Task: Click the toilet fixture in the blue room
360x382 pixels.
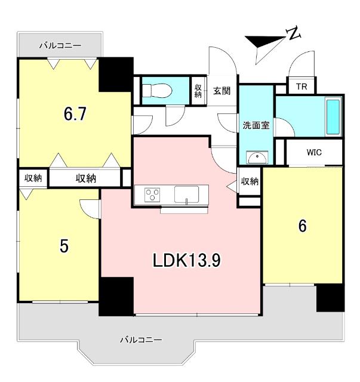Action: (x=156, y=91)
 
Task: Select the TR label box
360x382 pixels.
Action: (x=302, y=86)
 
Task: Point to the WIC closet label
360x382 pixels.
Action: (x=314, y=152)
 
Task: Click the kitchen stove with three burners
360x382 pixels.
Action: (x=152, y=195)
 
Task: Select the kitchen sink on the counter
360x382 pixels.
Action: (x=187, y=195)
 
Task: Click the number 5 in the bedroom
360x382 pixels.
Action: (x=63, y=247)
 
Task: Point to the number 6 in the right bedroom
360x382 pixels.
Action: (x=302, y=226)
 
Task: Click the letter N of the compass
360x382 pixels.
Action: (x=293, y=35)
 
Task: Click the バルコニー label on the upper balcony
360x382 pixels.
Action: (x=60, y=45)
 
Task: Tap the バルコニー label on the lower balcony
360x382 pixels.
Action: (x=141, y=340)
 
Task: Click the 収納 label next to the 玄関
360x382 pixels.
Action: (x=198, y=91)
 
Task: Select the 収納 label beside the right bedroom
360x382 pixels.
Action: (x=250, y=181)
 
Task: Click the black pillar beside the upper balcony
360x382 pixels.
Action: (x=116, y=74)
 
